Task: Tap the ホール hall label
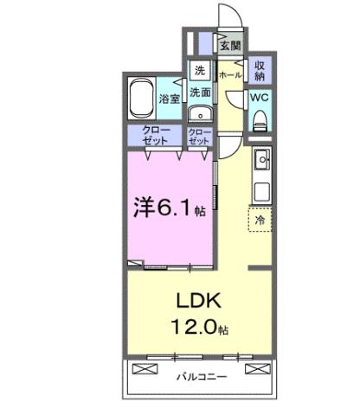coord(229,75)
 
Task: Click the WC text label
coord(259,98)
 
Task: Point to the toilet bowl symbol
coord(259,122)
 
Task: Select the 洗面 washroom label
coord(200,92)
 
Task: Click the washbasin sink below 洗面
coord(200,113)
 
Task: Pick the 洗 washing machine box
coord(199,70)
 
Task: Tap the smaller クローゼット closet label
coord(199,135)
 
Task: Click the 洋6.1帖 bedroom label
coord(169,207)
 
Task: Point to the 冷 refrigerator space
coord(259,220)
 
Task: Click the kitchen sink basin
coord(260,159)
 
